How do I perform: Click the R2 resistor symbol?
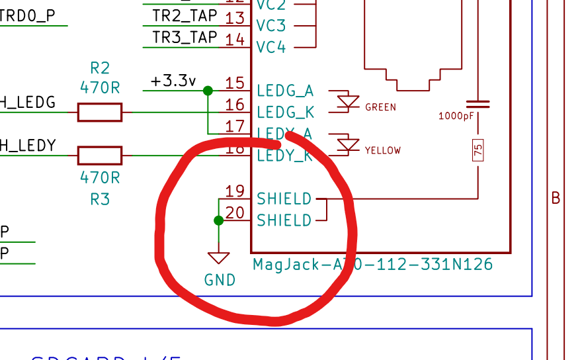[100, 112]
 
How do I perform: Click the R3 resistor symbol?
[100, 156]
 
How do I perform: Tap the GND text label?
[220, 280]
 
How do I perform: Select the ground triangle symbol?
[218, 257]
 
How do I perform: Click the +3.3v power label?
[173, 81]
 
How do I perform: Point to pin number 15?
[235, 83]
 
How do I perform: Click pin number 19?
[235, 192]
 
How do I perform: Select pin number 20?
[235, 213]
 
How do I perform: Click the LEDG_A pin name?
[285, 91]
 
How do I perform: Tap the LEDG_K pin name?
[285, 112]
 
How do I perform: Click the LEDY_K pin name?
[285, 156]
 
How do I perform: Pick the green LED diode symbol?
[347, 101]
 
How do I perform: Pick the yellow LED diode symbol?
[347, 144]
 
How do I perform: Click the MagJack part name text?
[373, 265]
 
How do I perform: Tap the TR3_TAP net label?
[185, 38]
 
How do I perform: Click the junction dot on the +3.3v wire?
[208, 91]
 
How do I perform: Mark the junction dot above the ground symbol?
[219, 220]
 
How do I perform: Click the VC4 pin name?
[271, 47]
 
